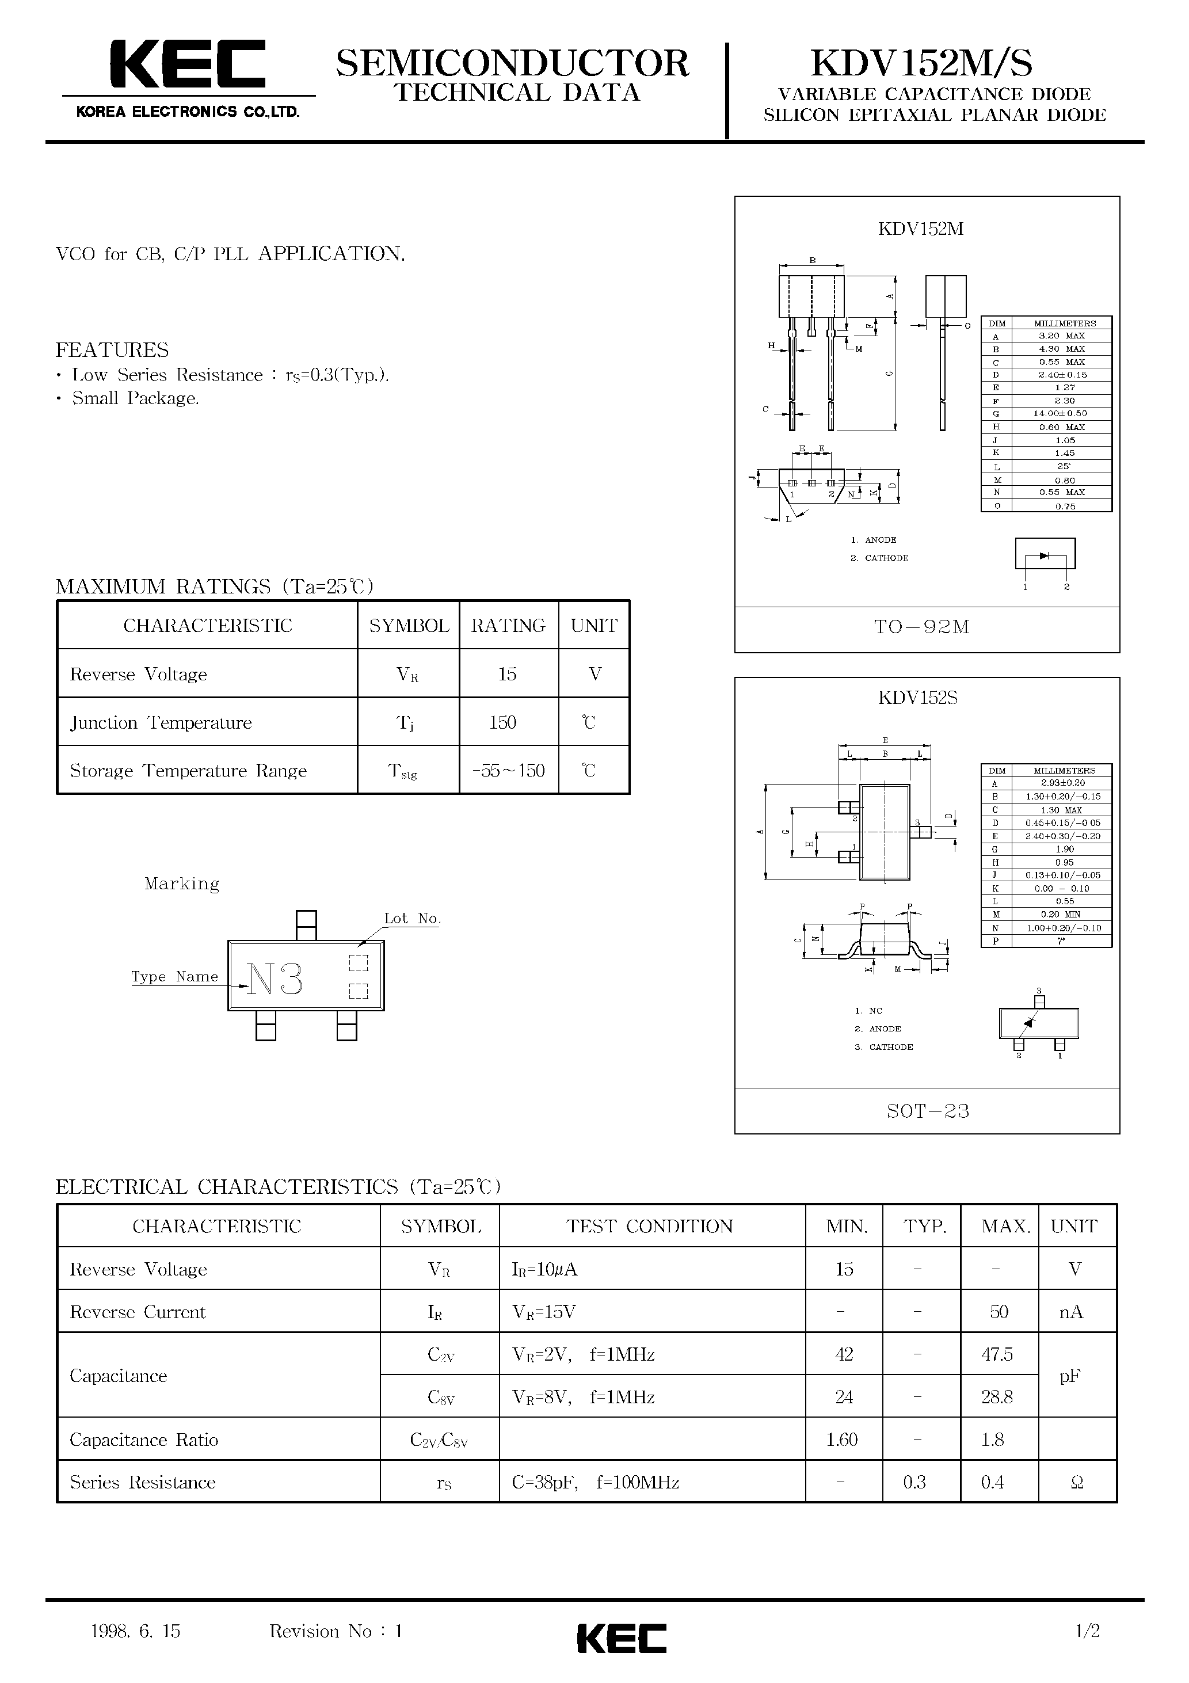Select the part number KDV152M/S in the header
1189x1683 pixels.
click(921, 64)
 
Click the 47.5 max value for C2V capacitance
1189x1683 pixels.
click(997, 1354)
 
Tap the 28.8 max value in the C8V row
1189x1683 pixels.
click(997, 1397)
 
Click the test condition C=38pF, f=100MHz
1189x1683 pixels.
click(595, 1482)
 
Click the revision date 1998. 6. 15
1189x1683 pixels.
click(136, 1631)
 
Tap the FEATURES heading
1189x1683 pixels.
click(112, 349)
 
